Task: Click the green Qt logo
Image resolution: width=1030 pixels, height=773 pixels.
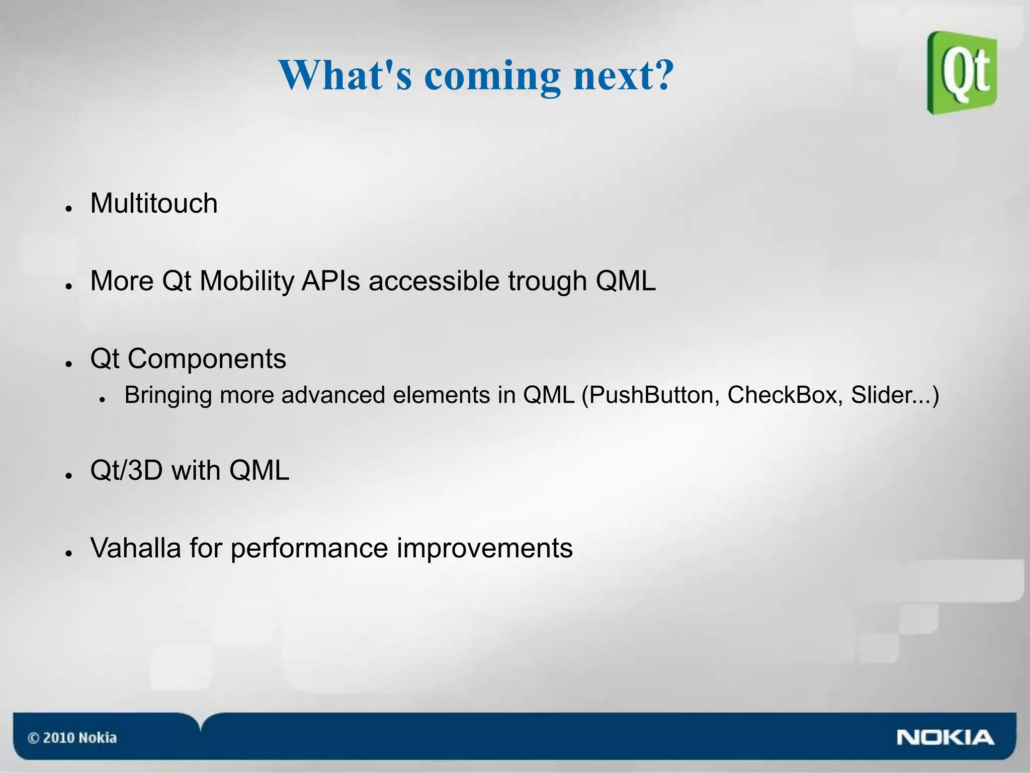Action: click(x=962, y=73)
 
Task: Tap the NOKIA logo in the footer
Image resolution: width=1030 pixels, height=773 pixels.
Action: click(x=945, y=738)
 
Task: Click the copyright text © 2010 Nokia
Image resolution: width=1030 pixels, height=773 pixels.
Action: click(x=72, y=738)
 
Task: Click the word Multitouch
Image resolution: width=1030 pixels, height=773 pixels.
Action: click(x=153, y=204)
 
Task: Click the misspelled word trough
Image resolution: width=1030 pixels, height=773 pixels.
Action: click(x=547, y=282)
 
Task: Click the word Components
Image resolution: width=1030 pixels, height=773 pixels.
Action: click(x=206, y=359)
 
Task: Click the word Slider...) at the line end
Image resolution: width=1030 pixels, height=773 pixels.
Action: click(x=895, y=395)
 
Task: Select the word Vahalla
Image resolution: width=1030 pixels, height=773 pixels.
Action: click(x=135, y=548)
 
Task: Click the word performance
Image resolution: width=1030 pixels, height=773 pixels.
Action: click(x=309, y=548)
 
